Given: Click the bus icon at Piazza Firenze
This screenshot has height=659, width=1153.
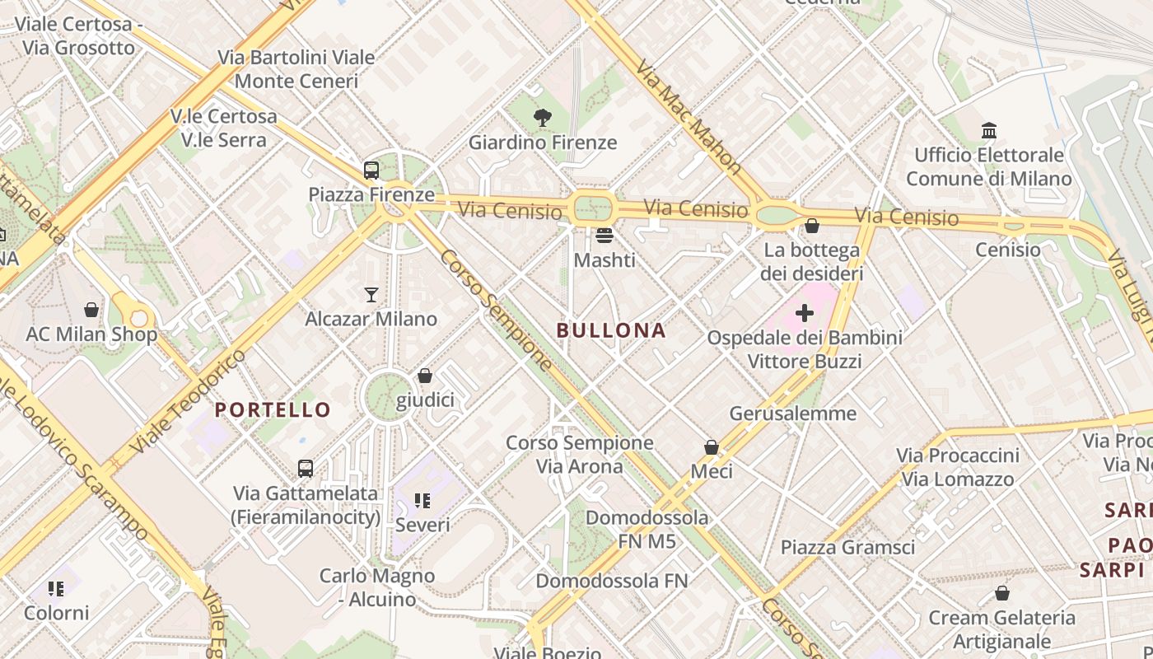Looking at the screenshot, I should (371, 171).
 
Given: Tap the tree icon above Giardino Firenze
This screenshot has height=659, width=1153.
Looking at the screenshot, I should (542, 119).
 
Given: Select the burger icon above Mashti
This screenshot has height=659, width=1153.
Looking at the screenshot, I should (605, 236).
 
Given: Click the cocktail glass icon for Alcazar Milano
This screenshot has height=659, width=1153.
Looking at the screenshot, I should (371, 294).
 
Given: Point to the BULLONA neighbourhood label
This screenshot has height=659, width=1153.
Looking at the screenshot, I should (611, 330).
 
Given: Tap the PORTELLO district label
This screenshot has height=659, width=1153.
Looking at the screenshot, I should (273, 409).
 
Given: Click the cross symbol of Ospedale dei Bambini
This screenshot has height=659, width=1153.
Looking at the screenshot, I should (805, 313).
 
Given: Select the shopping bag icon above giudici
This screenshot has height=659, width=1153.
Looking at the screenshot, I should (425, 376).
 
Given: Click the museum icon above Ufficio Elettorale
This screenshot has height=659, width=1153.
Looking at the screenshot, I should (989, 130).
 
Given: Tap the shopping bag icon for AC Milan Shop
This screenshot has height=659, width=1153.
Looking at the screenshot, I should (91, 310).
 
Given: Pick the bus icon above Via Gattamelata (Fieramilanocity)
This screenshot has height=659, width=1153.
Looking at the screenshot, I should (306, 469).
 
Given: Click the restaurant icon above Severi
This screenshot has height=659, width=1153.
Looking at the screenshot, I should (422, 500).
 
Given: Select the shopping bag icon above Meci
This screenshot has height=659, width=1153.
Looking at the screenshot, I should (712, 447).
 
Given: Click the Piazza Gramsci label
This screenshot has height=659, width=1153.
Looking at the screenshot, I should (847, 547).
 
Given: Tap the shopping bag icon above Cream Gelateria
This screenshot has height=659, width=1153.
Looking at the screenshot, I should (1002, 593).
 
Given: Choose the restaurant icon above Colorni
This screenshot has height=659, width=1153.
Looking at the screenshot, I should (56, 588).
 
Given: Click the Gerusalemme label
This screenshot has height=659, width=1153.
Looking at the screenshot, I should (793, 413).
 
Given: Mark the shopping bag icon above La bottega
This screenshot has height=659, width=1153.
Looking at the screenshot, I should (812, 225).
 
